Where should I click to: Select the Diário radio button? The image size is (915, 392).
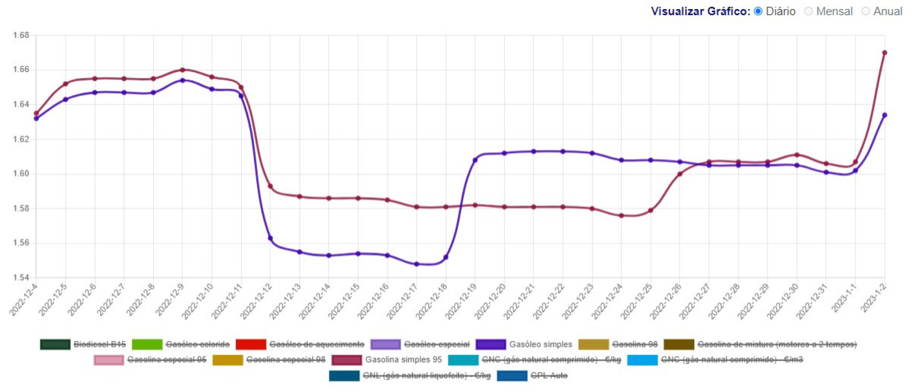pos(758,11)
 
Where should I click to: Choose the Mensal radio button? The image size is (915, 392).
pos(809,11)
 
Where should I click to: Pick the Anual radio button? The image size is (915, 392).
pos(866,11)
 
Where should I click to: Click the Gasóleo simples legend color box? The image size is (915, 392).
pos(490,344)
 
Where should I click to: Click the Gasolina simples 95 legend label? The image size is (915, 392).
pos(404,360)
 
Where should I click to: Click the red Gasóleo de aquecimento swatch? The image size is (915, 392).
pos(251,344)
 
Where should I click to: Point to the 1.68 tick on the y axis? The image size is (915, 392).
pos(21,35)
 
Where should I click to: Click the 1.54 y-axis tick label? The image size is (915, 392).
pos(21,278)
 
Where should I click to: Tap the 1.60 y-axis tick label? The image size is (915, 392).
pos(21,174)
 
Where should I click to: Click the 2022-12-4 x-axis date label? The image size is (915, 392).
pos(24,299)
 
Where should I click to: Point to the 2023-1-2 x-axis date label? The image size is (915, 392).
pos(874,298)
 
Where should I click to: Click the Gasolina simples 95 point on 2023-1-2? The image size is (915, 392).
pos(884,53)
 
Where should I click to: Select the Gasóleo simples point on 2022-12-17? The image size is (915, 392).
pos(417,264)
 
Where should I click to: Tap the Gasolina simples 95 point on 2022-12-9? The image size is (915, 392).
pos(183,70)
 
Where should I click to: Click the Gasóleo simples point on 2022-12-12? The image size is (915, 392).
pos(270,238)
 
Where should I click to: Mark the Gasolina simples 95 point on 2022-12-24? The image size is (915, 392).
pos(621,216)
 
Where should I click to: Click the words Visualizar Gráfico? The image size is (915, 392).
pos(700,11)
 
